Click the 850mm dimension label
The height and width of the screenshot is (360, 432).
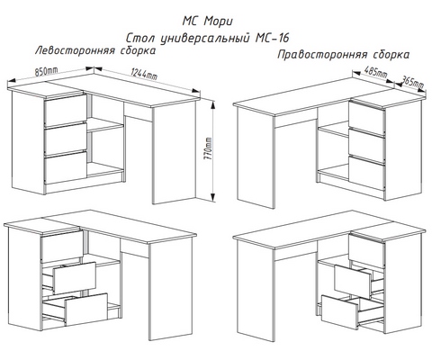(x=46, y=71)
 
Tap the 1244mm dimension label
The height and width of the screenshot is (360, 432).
(x=144, y=74)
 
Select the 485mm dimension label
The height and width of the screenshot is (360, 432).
(x=375, y=72)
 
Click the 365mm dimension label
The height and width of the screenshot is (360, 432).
(x=412, y=81)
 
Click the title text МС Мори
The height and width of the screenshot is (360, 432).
(x=207, y=22)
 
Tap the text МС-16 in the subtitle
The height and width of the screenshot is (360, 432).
(x=273, y=38)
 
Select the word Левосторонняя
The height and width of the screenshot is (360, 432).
(x=75, y=50)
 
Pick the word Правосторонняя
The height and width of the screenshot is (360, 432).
(x=322, y=55)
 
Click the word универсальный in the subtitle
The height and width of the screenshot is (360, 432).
(x=205, y=39)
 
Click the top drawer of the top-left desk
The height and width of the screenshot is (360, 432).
(x=66, y=110)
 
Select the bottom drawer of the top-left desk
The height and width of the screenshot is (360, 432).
(x=66, y=166)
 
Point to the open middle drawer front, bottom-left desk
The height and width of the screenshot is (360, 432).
(x=75, y=277)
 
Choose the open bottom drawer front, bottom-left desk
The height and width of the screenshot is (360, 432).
(x=86, y=310)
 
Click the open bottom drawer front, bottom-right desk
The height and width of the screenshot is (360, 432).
(x=340, y=312)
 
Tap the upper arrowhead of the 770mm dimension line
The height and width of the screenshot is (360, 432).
(x=212, y=105)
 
